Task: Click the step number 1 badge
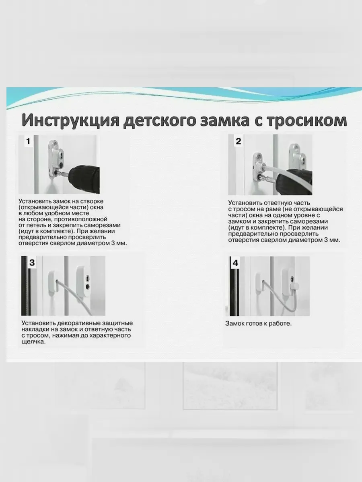[28, 141]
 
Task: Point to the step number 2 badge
[238, 141]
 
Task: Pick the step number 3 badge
[32, 263]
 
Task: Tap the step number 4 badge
[235, 263]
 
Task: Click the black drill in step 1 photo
[84, 178]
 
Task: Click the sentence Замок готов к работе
[258, 323]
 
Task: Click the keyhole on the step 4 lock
[292, 279]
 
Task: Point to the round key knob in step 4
[294, 286]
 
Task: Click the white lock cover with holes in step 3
[84, 282]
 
